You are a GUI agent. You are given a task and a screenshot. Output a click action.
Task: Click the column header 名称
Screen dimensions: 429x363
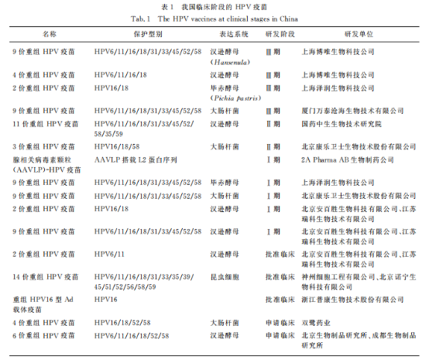[x=49, y=35]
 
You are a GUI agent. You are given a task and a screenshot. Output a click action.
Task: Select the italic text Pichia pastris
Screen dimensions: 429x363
[x=228, y=98]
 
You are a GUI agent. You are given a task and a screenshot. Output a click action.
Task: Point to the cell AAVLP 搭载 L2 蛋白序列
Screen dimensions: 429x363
[x=139, y=159]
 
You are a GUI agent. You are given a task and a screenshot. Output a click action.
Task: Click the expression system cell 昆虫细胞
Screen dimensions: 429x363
[x=225, y=276]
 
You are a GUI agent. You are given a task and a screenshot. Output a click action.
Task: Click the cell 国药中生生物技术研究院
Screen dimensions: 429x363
[x=341, y=124]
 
